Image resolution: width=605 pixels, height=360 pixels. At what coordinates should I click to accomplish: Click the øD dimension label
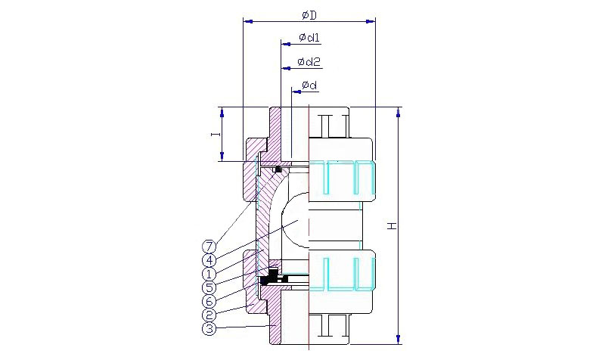(x=309, y=15)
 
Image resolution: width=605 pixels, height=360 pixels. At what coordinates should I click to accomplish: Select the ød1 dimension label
(x=309, y=37)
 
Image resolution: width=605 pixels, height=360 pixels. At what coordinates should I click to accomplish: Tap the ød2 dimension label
(x=309, y=61)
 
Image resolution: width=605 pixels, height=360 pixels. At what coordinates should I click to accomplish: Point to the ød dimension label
(x=309, y=85)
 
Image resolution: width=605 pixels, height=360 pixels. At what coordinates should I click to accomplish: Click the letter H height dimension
(x=392, y=225)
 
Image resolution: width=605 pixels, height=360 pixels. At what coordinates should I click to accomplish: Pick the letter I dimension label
(x=216, y=134)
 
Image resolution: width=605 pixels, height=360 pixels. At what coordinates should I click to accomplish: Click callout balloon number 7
(x=209, y=246)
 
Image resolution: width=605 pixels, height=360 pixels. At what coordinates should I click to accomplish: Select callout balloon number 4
(x=209, y=260)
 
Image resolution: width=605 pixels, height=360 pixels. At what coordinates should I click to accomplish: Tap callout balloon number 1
(x=209, y=274)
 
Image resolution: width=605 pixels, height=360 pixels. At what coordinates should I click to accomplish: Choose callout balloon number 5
(x=209, y=287)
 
